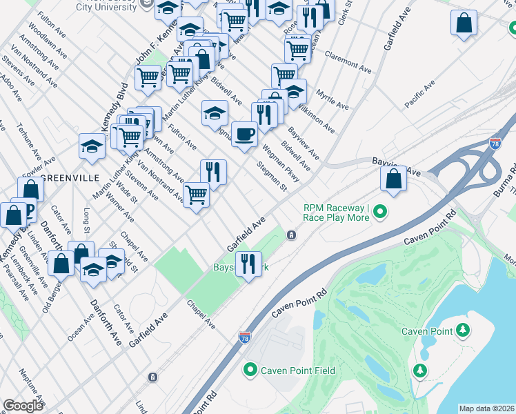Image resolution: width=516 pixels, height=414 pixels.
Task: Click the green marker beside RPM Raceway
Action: [379, 213]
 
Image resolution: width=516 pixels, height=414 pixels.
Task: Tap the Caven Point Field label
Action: [298, 371]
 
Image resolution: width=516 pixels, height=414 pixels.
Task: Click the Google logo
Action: [23, 406]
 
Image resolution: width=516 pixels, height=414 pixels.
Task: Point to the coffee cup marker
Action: [244, 133]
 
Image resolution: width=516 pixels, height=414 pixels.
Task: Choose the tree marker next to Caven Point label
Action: [466, 331]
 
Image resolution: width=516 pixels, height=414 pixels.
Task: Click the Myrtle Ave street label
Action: [332, 99]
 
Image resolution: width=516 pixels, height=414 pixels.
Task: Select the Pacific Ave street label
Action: [419, 93]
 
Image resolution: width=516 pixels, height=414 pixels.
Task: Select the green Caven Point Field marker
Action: [251, 371]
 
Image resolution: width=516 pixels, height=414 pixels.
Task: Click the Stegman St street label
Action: [271, 175]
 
